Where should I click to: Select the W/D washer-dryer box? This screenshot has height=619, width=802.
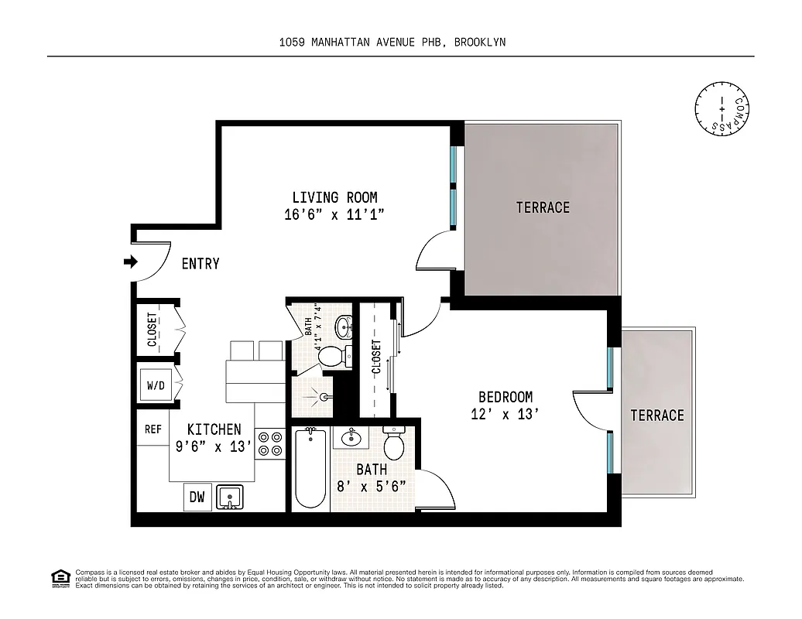pos(156,385)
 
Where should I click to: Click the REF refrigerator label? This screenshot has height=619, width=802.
pos(153,429)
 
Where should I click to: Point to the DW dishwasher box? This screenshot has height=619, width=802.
pos(197,498)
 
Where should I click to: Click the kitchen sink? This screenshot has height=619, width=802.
pos(230,497)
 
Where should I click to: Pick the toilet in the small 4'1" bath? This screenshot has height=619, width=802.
pos(332,356)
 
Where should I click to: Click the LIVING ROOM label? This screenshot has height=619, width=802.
pos(334,198)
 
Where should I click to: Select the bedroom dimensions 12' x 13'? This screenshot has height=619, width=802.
pos(504,414)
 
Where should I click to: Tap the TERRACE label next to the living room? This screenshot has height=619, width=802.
pos(543,207)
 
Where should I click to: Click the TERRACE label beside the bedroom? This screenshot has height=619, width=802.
pos(656,416)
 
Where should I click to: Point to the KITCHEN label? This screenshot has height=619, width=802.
pos(214,429)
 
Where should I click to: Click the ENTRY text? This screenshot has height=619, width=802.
pos(200,264)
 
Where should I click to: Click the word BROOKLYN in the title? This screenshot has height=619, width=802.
pos(480,43)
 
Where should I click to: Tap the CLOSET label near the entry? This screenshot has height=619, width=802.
pos(153,330)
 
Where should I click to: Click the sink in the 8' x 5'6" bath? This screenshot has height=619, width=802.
pos(351,437)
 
